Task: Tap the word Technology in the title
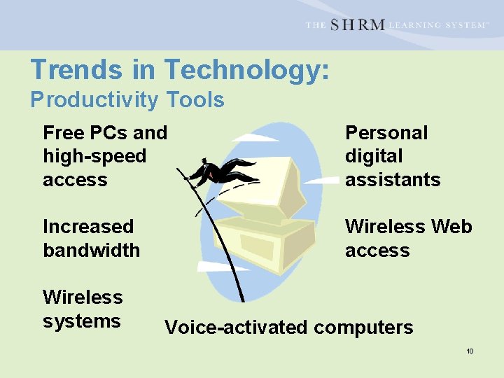(x=246, y=70)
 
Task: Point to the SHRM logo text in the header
(x=357, y=25)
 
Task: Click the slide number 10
(x=470, y=351)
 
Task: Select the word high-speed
(x=94, y=156)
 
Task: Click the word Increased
(x=88, y=227)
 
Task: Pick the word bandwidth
(x=92, y=250)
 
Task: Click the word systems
(x=82, y=321)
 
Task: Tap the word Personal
(x=386, y=133)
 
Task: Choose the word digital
(x=374, y=156)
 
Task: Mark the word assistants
(x=393, y=180)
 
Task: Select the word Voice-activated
(x=235, y=328)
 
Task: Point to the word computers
(x=363, y=328)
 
